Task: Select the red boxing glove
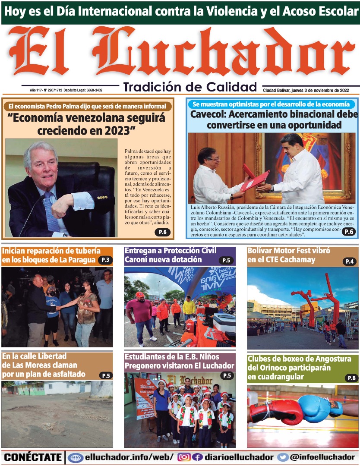coord(276,412)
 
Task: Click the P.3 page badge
coord(105,260)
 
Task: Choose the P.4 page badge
coord(350,261)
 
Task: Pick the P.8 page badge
coord(351,378)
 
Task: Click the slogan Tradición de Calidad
coord(190,87)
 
